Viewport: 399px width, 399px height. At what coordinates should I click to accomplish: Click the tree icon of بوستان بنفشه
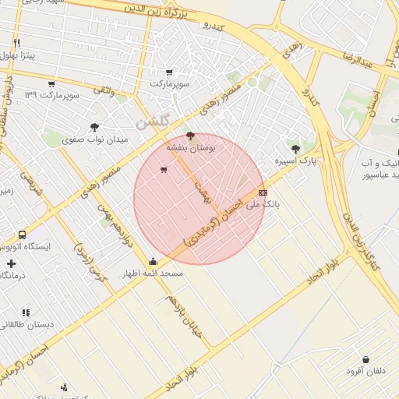coord(191,136)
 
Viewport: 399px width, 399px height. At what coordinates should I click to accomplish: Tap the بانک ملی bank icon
coord(263,192)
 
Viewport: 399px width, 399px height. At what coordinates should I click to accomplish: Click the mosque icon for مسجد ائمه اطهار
coord(153,262)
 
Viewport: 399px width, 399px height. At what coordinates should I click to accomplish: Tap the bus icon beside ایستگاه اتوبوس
coord(22,234)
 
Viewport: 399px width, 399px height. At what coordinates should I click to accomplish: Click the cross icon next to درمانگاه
coord(10,263)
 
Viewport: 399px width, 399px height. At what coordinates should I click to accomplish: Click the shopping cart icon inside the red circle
coord(163,170)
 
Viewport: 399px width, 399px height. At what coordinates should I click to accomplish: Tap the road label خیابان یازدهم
coord(188,318)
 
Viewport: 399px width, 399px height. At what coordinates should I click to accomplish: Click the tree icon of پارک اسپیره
coord(295,148)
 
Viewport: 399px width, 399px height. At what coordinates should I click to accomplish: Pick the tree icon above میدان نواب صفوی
coord(94,126)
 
